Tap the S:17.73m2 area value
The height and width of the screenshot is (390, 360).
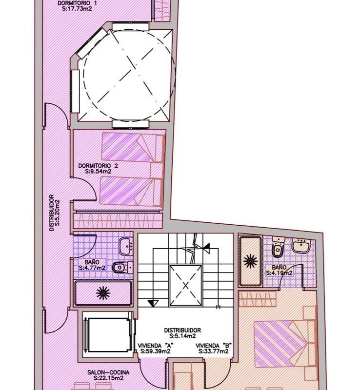77,9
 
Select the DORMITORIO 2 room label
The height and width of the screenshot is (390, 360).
98,166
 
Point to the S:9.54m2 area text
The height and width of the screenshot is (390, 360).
98,172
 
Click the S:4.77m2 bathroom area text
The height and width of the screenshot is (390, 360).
92,268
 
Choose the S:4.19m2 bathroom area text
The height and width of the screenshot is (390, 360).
280,273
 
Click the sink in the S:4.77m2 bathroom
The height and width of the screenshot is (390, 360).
125,246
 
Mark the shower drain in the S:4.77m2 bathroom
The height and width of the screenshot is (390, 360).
103,293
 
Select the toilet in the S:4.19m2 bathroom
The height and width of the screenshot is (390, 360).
278,247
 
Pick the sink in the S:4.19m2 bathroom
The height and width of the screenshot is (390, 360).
301,246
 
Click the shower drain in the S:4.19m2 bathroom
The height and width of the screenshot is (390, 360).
250,261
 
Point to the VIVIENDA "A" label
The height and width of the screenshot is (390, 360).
156,346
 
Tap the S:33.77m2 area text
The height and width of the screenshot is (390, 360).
214,351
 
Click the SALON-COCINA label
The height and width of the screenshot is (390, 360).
108,372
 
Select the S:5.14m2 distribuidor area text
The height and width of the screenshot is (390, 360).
182,336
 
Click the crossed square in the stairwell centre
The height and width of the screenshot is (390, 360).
185,285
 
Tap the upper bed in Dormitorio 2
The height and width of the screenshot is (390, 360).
133,148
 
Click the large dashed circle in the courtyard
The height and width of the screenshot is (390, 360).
83,75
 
